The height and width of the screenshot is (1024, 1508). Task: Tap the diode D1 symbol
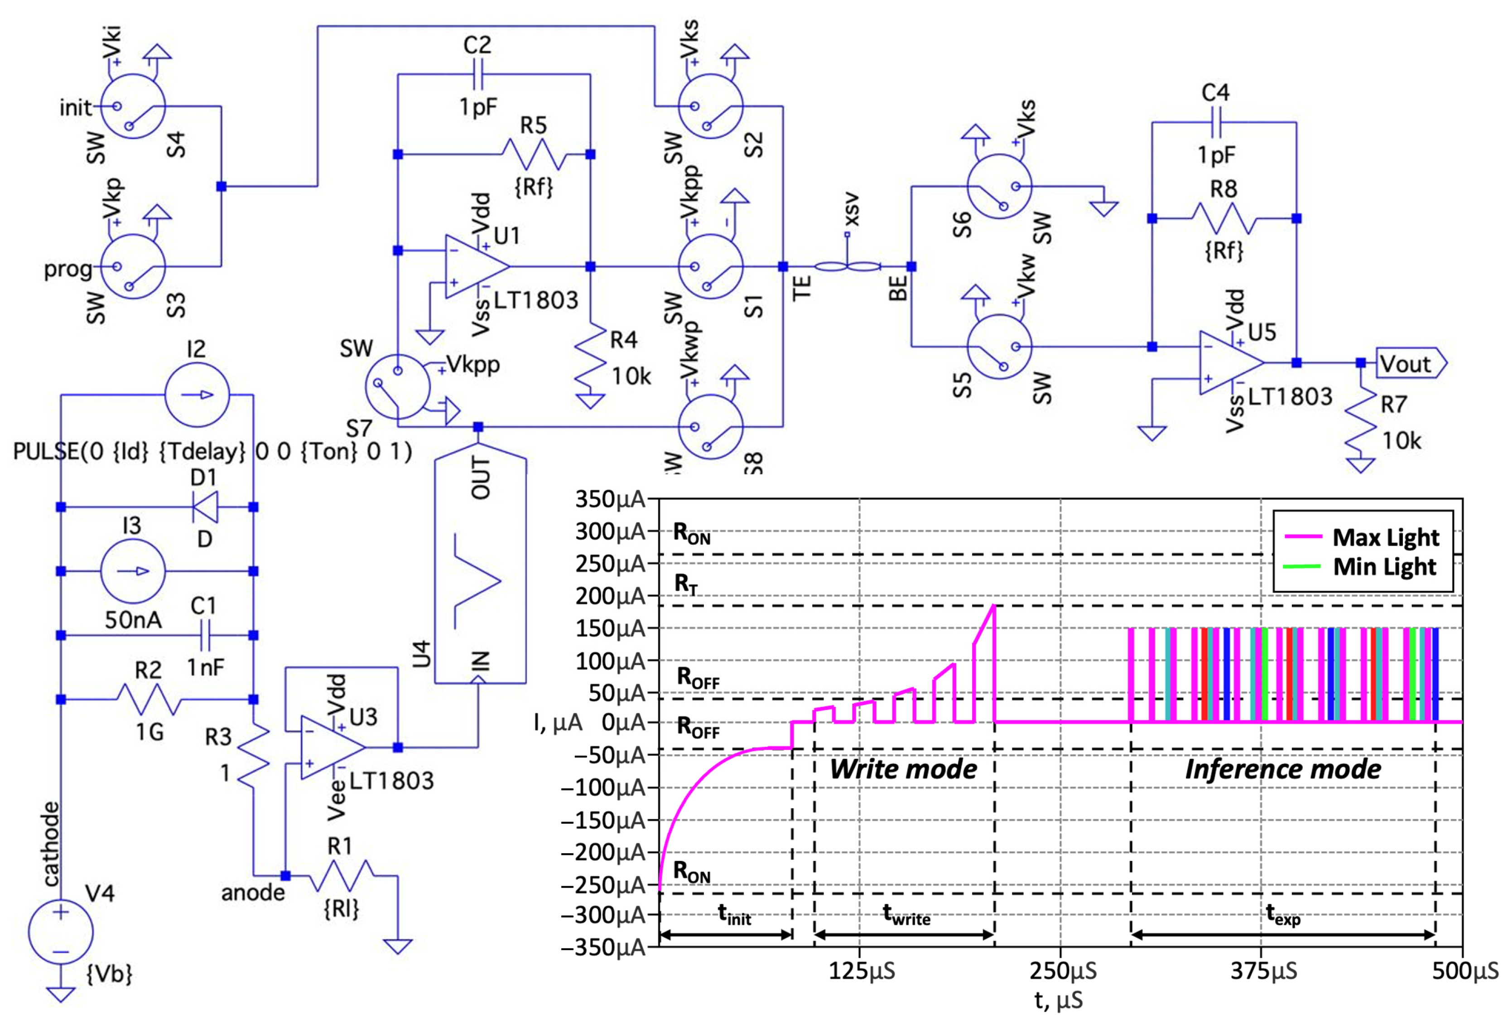(206, 507)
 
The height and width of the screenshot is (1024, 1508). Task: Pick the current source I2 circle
(197, 395)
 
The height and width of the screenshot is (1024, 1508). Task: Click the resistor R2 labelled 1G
(148, 700)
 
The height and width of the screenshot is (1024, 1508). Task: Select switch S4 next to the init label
(134, 106)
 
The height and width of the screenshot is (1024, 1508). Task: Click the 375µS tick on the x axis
(1263, 971)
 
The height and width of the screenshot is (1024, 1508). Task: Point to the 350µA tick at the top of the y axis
(610, 500)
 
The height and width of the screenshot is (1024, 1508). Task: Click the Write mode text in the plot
(903, 770)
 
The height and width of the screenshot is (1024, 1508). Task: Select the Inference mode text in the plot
(1282, 770)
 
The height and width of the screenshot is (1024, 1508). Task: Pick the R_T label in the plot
(686, 584)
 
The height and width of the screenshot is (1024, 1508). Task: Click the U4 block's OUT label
(480, 478)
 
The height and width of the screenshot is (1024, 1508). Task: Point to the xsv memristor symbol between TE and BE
(847, 266)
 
